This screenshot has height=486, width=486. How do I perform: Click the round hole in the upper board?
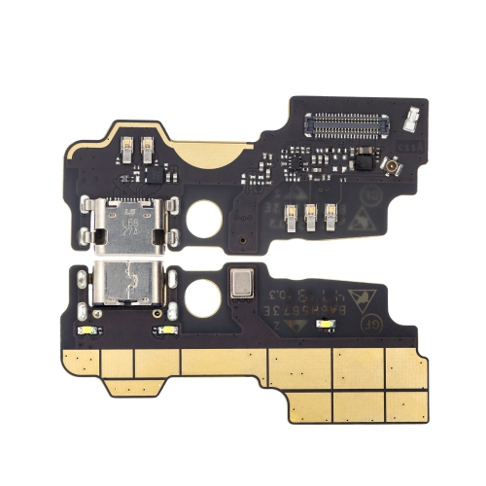205,222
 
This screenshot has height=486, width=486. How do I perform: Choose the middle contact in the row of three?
310,217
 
